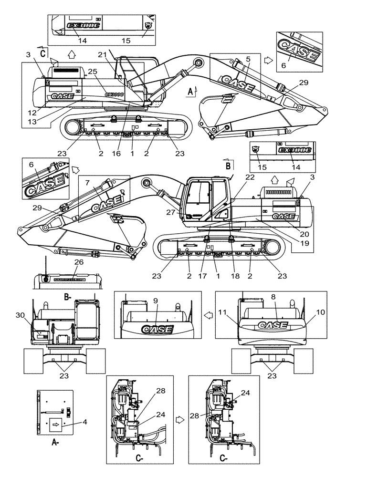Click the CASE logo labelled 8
tap(272, 325)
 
